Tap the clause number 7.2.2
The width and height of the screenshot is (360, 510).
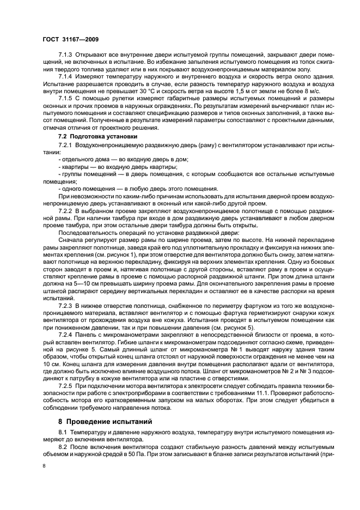66,210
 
